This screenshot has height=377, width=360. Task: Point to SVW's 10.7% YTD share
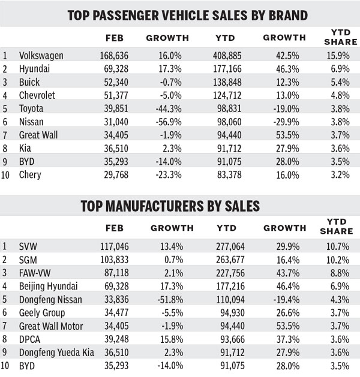(336, 246)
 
